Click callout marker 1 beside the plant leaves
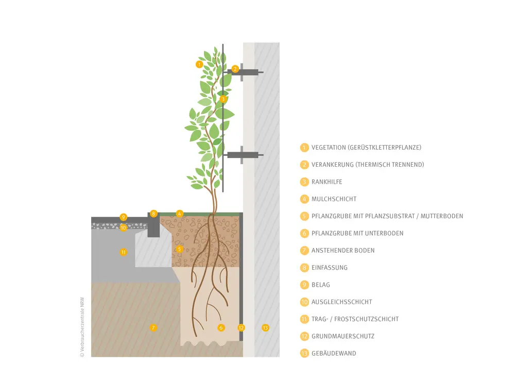point(199,64)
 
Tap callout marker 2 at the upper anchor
point(235,69)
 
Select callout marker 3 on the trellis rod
point(223,99)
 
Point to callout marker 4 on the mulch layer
point(179,214)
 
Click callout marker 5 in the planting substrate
point(179,249)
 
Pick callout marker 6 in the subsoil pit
point(221,327)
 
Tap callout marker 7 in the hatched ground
point(153,327)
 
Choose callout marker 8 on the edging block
point(153,214)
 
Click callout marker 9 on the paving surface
point(123,217)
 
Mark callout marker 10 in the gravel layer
point(123,227)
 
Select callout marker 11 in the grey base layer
point(123,252)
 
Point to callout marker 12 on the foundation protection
point(242,327)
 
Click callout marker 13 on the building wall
point(265,327)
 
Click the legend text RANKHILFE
point(327,182)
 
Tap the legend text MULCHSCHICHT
point(334,199)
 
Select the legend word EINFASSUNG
point(330,268)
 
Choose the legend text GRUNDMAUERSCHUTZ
point(343,336)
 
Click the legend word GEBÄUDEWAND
point(334,353)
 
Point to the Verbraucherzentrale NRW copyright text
point(82,327)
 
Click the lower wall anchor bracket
point(244,155)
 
